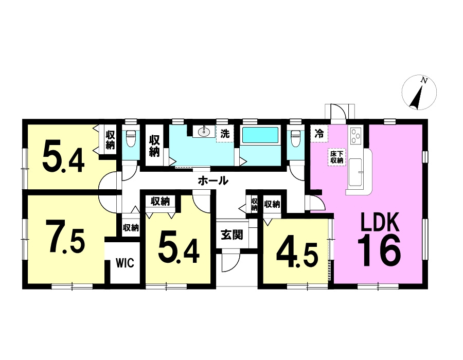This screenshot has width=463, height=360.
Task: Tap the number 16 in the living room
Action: (x=379, y=250)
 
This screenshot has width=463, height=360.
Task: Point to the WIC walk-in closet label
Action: (x=124, y=263)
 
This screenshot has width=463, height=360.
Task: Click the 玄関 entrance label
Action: (x=232, y=235)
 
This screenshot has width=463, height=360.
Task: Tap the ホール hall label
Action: (x=213, y=181)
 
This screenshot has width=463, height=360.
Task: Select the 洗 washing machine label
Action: (x=225, y=134)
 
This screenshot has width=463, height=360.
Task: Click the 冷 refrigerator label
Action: (x=319, y=134)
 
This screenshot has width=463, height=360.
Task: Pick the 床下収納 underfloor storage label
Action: (x=336, y=157)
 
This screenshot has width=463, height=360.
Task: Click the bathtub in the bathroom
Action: (x=260, y=135)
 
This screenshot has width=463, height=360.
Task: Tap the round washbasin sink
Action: (x=203, y=132)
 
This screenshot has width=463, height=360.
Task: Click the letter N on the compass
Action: (x=424, y=80)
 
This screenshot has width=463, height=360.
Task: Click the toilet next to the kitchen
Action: (x=295, y=139)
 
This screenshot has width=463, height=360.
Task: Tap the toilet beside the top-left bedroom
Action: (x=130, y=139)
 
